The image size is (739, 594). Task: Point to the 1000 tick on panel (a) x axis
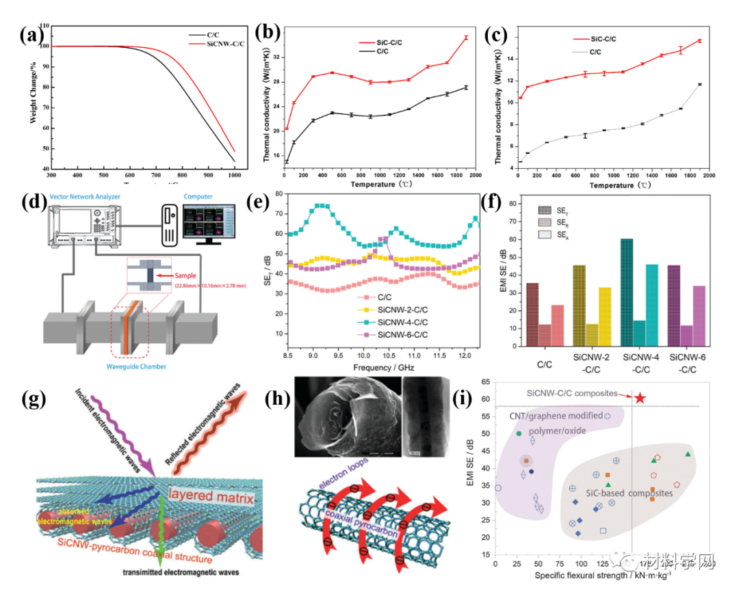[235, 176]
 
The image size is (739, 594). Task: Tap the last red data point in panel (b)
[465, 38]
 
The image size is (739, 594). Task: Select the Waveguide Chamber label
[131, 366]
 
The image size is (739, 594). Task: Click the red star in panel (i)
[639, 397]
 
